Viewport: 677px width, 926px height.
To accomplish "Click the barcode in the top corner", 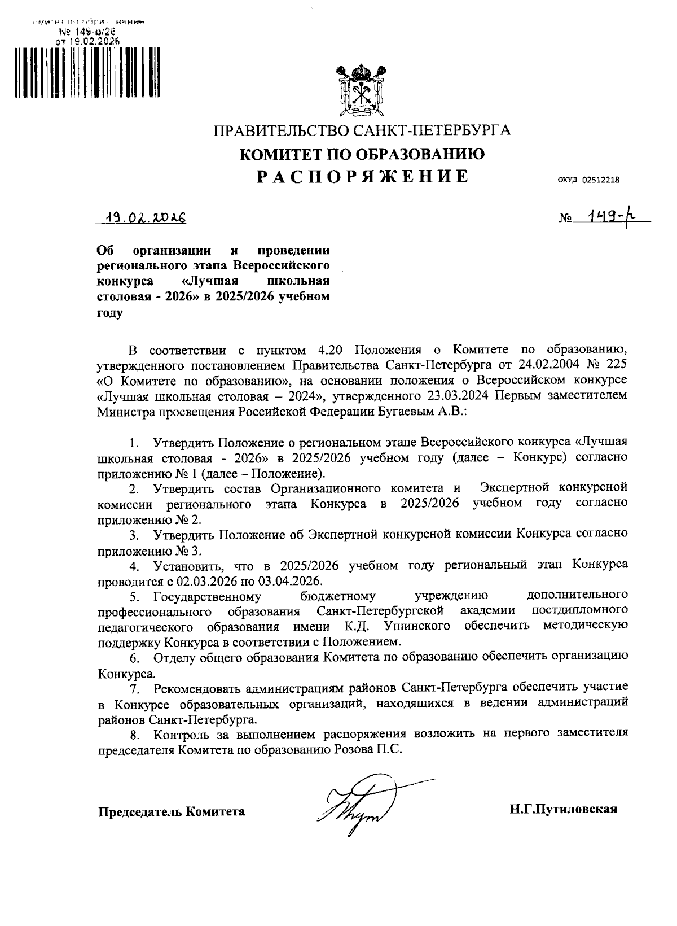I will click(88, 73).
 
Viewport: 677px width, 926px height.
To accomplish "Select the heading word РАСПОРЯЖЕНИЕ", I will click(362, 176).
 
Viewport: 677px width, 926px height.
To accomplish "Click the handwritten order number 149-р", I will click(610, 217).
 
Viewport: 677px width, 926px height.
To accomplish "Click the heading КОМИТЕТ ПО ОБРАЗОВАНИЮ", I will click(362, 154).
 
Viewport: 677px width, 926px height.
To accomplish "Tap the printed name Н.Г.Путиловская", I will click(564, 809).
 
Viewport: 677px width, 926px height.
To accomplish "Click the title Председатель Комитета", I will click(172, 812).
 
